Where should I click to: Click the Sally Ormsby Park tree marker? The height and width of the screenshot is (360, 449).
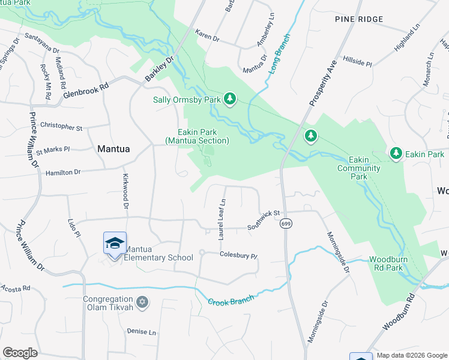[x=229, y=98]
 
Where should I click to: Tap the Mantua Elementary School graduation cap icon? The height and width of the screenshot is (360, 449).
[x=115, y=243]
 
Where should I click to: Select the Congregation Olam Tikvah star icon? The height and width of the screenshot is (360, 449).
[x=142, y=301]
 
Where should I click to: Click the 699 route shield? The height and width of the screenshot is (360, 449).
[x=285, y=223]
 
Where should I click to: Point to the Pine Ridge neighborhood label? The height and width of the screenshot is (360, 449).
[x=359, y=20]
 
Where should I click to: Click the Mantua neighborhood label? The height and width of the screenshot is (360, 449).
[x=113, y=148]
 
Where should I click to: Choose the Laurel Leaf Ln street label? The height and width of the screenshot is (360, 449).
[x=222, y=220]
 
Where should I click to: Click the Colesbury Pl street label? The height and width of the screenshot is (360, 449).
[x=238, y=255]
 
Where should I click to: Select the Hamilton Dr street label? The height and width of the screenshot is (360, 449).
[x=63, y=172]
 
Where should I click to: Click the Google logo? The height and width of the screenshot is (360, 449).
[x=20, y=353]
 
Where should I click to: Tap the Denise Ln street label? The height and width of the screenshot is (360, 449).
[x=141, y=331]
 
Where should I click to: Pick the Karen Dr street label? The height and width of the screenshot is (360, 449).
[x=208, y=37]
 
